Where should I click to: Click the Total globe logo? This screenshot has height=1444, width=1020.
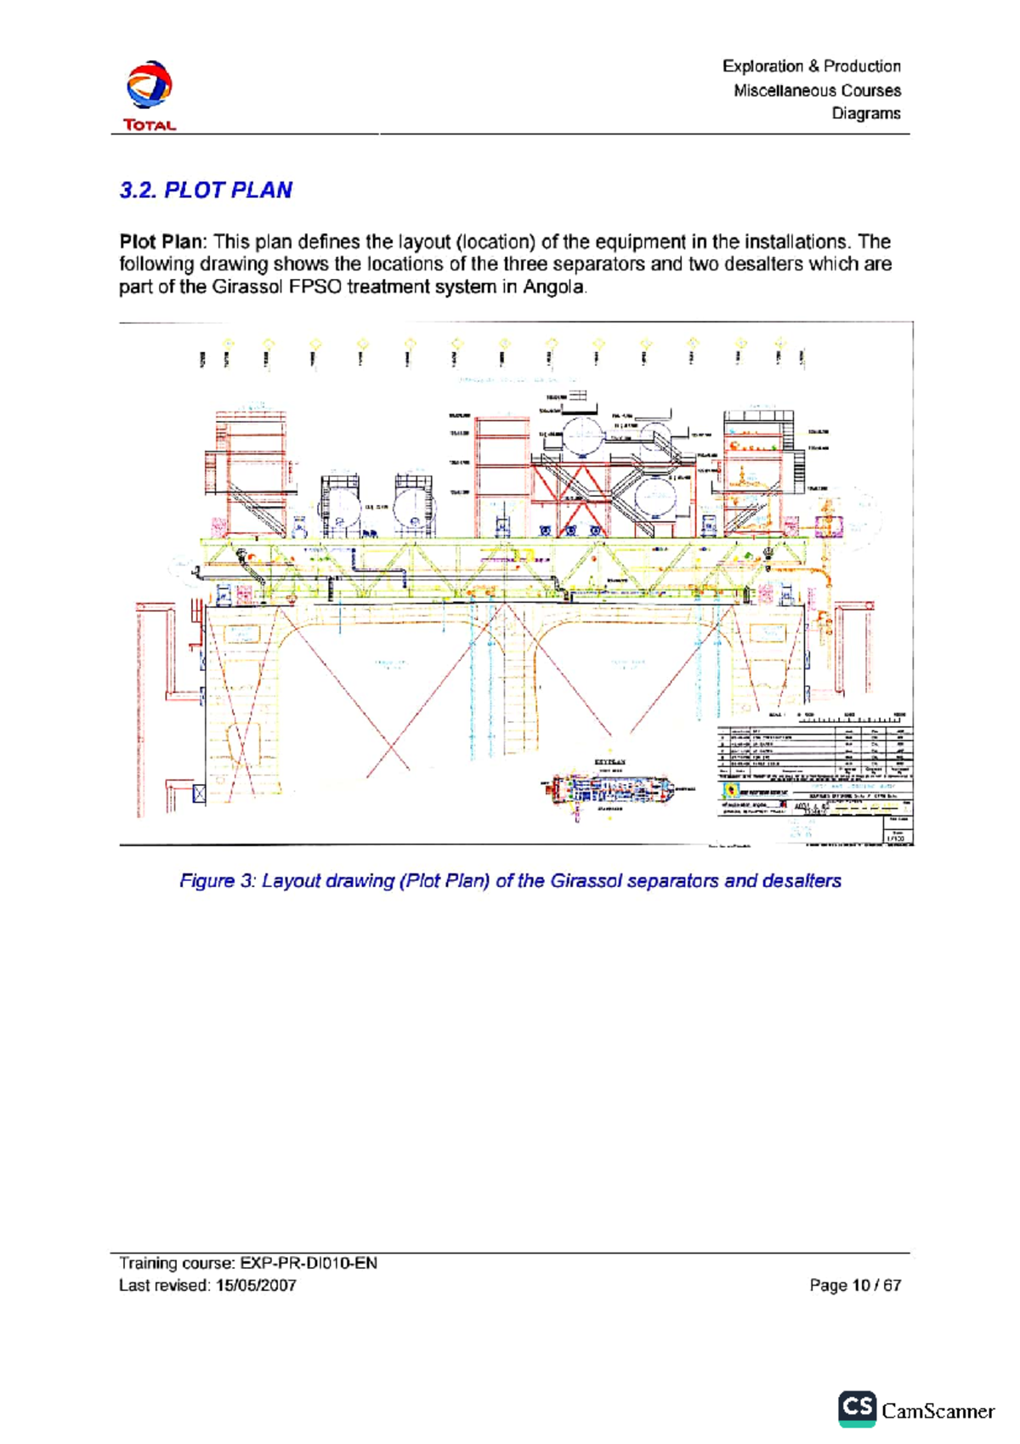150,85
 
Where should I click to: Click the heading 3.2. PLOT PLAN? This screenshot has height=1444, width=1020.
206,190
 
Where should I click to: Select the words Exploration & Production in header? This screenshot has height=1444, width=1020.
811,66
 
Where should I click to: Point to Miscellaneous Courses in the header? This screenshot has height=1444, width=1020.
817,90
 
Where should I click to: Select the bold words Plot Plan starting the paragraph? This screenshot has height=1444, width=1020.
161,242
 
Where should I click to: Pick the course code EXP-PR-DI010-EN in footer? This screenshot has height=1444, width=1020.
309,1263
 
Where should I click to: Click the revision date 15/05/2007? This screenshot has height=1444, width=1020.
256,1286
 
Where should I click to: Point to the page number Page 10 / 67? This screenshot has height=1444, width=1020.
854,1286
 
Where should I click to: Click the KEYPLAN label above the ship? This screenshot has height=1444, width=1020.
609,763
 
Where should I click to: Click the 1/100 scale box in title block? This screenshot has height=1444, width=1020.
898,838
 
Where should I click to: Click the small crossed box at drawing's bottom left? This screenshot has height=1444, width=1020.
199,793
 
